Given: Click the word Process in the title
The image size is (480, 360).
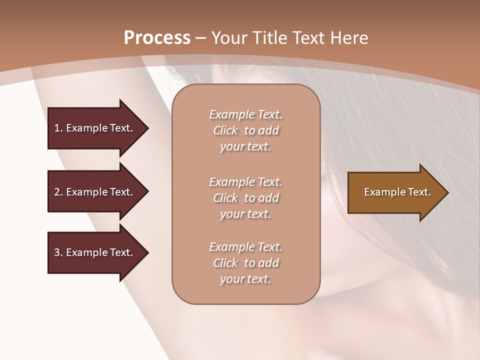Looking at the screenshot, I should (157, 38).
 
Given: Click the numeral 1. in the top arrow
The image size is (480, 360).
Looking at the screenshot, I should (58, 128).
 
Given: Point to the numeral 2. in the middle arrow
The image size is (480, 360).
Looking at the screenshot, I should (58, 192).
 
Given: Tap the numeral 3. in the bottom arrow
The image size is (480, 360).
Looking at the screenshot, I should (58, 252).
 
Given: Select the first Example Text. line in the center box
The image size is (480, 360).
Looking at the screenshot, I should (245, 114).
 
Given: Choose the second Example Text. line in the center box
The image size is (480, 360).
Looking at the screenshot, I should (245, 181).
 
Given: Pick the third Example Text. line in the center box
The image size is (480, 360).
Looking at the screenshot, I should (245, 247).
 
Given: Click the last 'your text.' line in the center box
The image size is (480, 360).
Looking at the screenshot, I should (245, 279).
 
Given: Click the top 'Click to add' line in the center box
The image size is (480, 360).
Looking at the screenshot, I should (245, 130).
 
